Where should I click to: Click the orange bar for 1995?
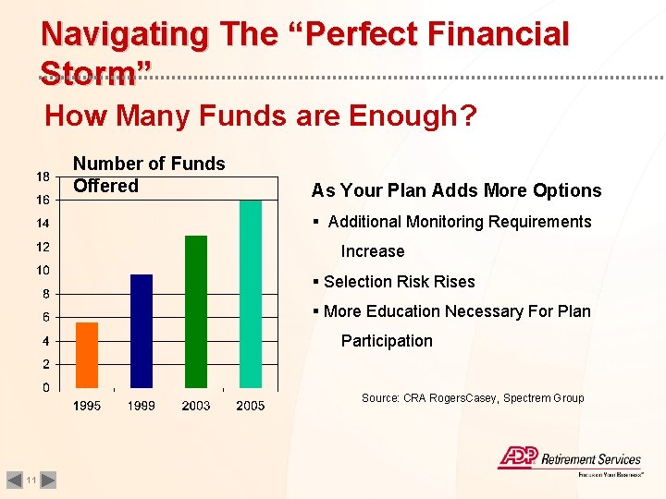click(x=87, y=355)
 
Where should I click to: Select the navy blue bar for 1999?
click(x=142, y=331)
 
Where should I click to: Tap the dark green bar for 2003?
click(x=196, y=311)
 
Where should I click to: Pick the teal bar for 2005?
click(x=251, y=294)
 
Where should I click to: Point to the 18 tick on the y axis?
click(x=43, y=176)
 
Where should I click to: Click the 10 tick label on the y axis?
click(x=43, y=271)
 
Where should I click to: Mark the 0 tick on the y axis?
click(x=45, y=388)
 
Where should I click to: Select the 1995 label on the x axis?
click(x=87, y=406)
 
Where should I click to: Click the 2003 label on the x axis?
click(x=196, y=406)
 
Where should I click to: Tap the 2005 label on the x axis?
click(x=251, y=406)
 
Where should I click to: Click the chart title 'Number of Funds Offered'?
click(x=148, y=175)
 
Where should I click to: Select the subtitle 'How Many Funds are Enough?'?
click(x=261, y=116)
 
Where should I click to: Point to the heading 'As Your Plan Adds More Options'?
click(x=456, y=191)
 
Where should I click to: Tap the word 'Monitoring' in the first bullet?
click(x=445, y=222)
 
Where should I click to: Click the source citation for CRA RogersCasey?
click(x=472, y=398)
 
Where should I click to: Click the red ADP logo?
click(x=517, y=457)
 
